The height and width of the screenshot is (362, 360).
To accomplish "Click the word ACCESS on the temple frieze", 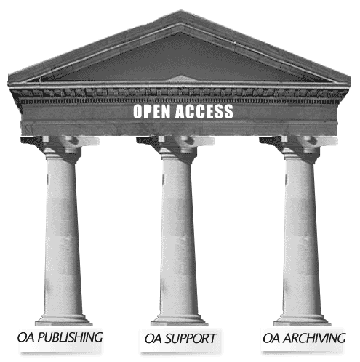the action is (x=204, y=111).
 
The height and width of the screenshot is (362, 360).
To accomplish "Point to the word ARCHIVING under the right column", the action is (x=314, y=338).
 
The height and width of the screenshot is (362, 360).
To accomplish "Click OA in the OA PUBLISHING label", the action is (x=25, y=337).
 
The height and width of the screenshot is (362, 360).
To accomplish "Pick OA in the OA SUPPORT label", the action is (x=153, y=339).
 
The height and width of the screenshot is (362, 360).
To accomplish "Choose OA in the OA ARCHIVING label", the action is (x=271, y=338).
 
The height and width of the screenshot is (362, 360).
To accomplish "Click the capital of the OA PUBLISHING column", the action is (x=60, y=148).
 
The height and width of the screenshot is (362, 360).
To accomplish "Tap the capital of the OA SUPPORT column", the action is (x=176, y=148).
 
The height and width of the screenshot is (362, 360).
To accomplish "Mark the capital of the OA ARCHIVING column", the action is (x=299, y=148).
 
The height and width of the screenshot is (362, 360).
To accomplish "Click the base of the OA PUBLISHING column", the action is (x=64, y=319).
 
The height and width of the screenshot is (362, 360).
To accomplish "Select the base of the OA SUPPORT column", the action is (x=180, y=319).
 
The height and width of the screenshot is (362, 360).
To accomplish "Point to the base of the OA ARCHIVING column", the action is (x=303, y=319).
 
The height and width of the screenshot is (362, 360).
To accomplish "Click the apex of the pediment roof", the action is (x=180, y=11).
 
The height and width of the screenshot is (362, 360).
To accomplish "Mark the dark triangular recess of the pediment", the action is (x=180, y=60).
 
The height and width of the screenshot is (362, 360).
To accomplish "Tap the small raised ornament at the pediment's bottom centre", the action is (x=180, y=79).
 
